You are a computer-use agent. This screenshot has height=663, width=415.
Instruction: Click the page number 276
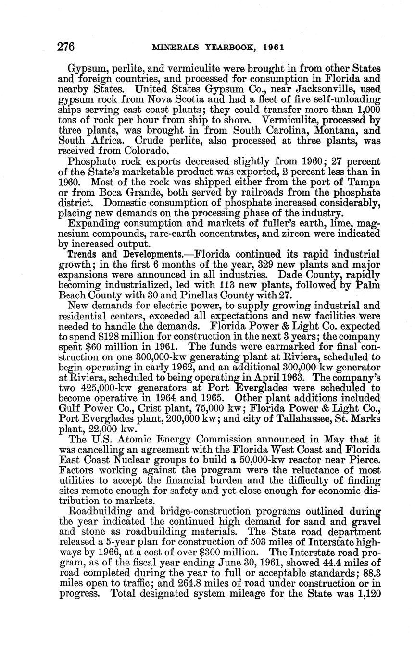point(66,47)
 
